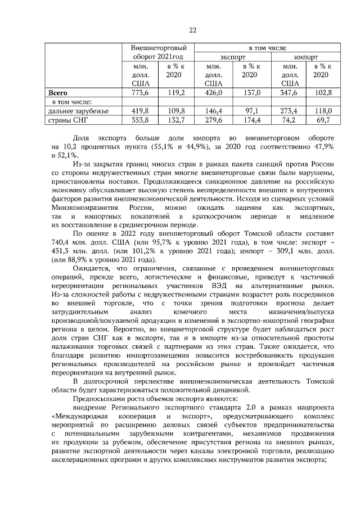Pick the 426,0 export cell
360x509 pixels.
tap(214, 93)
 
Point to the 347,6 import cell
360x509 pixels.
tap(289, 93)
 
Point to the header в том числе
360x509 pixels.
tap(267, 48)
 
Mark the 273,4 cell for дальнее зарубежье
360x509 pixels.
tap(289, 111)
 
